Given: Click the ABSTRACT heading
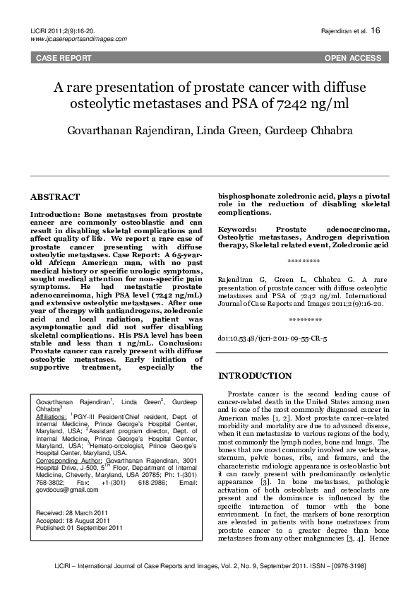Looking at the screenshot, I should [55, 197].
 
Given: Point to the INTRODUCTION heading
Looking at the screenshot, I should [255, 375].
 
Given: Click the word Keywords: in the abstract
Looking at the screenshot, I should [237, 230].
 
